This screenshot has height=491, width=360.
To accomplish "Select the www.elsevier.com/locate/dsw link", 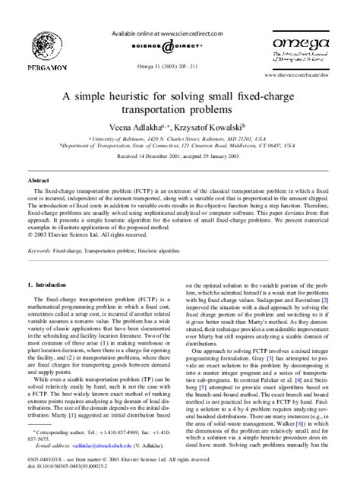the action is click(x=302, y=77).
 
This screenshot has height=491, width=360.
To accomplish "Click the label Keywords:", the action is click(x=43, y=249).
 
